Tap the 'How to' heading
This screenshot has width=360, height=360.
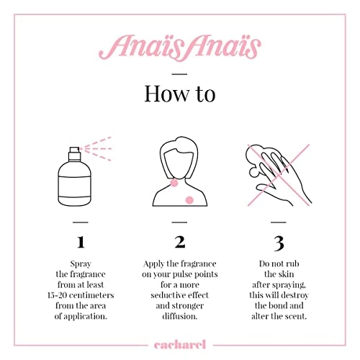click(x=179, y=94)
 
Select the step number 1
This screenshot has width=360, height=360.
click(x=81, y=240)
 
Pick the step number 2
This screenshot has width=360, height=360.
click(x=180, y=240)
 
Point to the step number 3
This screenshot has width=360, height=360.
click(x=279, y=240)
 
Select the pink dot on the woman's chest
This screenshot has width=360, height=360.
click(x=190, y=199)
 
